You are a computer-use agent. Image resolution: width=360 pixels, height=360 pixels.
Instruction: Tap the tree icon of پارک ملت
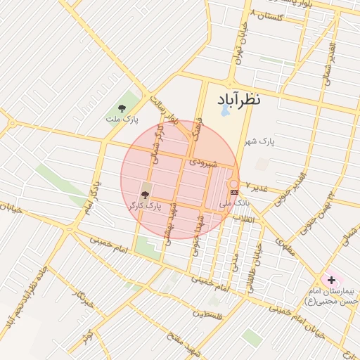click(122, 108)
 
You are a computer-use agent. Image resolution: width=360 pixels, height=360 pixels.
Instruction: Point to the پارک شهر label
click(259, 142)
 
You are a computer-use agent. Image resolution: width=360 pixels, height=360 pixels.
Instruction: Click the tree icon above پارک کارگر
click(146, 193)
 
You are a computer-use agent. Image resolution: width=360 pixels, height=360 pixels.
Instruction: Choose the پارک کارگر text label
click(146, 206)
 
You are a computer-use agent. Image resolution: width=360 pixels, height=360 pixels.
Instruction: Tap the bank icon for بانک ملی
click(234, 191)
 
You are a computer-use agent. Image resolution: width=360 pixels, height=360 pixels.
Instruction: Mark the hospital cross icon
click(331, 280)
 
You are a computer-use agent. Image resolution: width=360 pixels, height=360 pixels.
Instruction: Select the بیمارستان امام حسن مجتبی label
click(333, 296)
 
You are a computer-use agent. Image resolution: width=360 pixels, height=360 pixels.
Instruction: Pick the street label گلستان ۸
click(271, 15)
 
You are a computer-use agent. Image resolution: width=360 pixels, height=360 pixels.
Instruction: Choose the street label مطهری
click(284, 247)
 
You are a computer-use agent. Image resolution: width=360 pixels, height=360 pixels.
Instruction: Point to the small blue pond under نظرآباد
click(224, 110)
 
